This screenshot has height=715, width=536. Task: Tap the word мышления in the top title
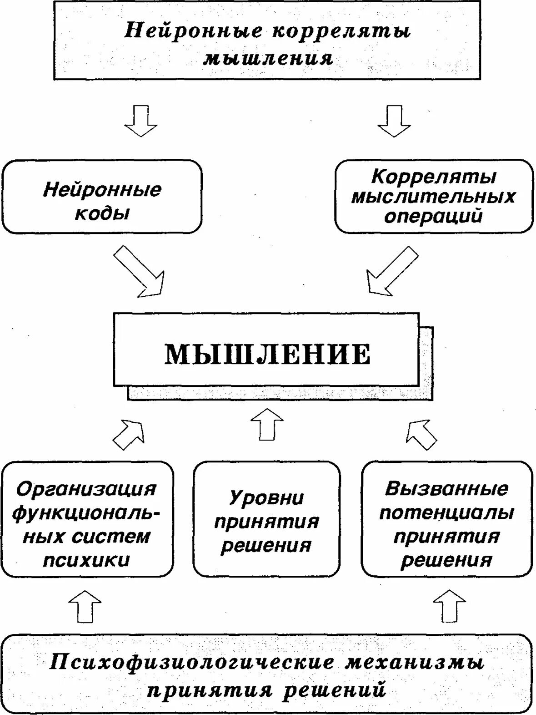(268, 58)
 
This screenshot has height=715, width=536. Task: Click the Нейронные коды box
(102, 197)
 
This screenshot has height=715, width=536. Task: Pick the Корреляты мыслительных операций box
(434, 196)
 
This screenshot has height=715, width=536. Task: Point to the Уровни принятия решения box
(266, 519)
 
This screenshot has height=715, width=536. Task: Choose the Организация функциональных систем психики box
(87, 519)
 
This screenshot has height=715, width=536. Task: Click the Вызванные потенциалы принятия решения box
(446, 519)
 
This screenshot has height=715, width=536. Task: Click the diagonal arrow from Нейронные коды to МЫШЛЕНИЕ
(139, 272)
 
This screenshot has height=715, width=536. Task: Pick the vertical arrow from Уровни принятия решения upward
(267, 424)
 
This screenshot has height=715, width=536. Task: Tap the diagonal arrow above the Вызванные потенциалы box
(420, 434)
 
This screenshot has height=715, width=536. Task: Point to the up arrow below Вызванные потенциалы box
(449, 606)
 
